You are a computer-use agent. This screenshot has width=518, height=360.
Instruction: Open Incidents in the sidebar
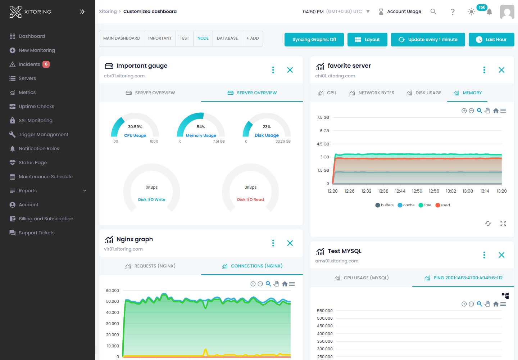29,64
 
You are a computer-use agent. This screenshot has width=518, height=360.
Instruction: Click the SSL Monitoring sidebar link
35,120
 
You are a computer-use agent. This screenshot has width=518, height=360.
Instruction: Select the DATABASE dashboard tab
227,38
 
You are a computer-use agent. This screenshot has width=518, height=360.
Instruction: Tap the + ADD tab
253,38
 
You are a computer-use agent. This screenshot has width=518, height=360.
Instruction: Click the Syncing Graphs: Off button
314,40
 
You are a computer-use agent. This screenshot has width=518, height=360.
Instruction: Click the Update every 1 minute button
428,40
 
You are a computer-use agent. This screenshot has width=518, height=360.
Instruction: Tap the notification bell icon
489,12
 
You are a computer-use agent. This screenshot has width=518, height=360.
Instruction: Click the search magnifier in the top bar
433,12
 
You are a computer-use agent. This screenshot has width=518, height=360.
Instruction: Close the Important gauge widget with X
290,70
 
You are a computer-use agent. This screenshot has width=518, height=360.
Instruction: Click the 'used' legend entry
443,205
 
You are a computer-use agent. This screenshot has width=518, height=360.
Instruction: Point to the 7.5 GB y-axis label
323,117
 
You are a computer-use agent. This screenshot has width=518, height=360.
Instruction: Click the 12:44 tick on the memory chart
400,191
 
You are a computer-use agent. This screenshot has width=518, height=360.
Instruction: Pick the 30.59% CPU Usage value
135,127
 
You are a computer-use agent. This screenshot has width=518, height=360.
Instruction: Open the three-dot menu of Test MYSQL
484,255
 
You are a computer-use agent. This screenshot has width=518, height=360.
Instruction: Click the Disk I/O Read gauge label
250,199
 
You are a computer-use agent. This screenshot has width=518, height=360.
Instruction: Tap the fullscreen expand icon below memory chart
503,224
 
